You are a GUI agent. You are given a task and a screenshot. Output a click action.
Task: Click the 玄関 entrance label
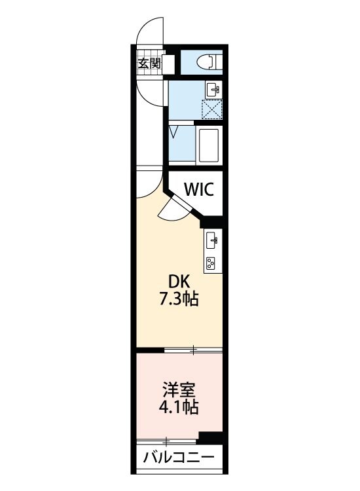pyautogui.click(x=149, y=64)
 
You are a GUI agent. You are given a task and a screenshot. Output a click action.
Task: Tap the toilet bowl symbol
pyautogui.click(x=209, y=62)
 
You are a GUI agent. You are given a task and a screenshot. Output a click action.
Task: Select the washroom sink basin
pyautogui.click(x=213, y=90)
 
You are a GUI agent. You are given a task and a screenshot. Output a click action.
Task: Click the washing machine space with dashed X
pyautogui.click(x=212, y=109)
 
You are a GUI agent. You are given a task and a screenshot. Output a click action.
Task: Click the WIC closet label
pyautogui.click(x=199, y=189)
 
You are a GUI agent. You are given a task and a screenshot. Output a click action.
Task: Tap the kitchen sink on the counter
pyautogui.click(x=213, y=240)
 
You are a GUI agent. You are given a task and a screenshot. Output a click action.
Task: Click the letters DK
pyautogui.click(x=179, y=282)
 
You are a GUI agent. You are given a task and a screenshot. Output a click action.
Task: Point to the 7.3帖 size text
pyautogui.click(x=179, y=299)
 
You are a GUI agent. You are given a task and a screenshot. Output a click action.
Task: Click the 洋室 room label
pyautogui.click(x=179, y=390)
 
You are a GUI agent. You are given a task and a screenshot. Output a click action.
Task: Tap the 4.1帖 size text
pyautogui.click(x=179, y=407)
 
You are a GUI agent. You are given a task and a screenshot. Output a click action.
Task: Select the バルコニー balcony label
pyautogui.click(x=179, y=458)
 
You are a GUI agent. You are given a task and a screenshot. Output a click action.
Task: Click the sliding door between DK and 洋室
pyautogui.click(x=193, y=350)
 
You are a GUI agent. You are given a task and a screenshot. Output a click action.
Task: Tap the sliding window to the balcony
pyautogui.click(x=166, y=442)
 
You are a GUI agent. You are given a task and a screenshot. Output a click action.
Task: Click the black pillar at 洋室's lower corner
pyautogui.click(x=210, y=437)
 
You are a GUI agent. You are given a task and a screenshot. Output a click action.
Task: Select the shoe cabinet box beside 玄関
pyautogui.click(x=168, y=64)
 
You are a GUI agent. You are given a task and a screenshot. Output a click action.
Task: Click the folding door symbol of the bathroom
pyautogui.click(x=173, y=131)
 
